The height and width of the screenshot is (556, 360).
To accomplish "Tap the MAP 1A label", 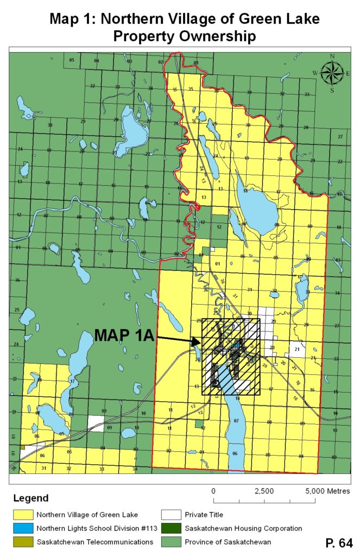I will [x=124, y=336].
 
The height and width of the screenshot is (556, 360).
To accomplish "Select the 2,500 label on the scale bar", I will [x=264, y=490].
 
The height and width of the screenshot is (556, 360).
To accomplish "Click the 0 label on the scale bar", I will [x=214, y=490].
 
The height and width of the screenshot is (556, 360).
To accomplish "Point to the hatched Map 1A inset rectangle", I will [x=231, y=356].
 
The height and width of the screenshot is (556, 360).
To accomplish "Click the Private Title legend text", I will [x=204, y=513].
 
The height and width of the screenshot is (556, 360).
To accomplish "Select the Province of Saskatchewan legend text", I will [x=227, y=541].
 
